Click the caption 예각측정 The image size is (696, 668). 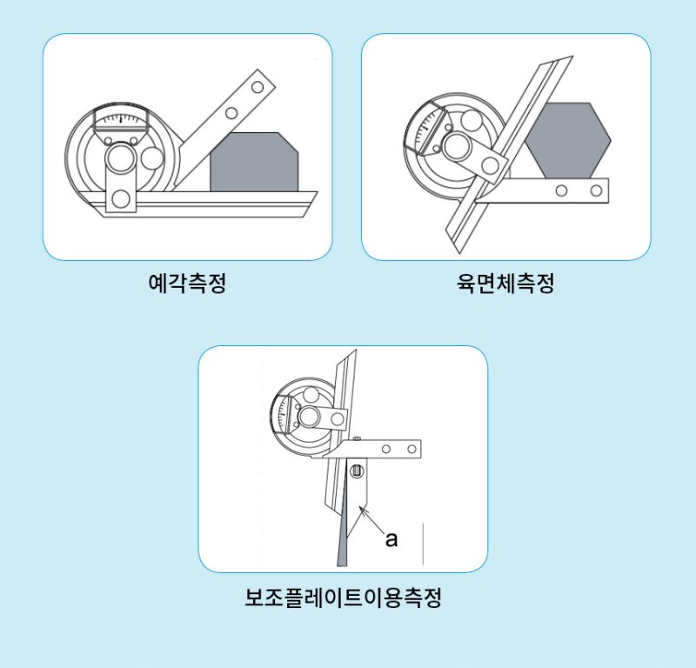tap(187, 283)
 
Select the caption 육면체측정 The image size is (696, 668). tap(505, 283)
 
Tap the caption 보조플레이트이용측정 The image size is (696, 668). tap(343, 598)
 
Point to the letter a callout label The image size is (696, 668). tap(391, 539)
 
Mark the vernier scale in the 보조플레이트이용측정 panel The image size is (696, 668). tap(284, 412)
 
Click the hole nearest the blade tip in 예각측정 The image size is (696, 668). tap(255, 87)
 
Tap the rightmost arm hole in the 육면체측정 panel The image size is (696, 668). tap(597, 190)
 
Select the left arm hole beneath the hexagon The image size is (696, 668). tap(562, 190)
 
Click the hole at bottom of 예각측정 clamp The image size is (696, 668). tap(121, 199)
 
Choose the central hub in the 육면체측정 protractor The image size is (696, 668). tap(455, 145)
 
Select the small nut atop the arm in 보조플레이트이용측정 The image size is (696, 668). tap(357, 438)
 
